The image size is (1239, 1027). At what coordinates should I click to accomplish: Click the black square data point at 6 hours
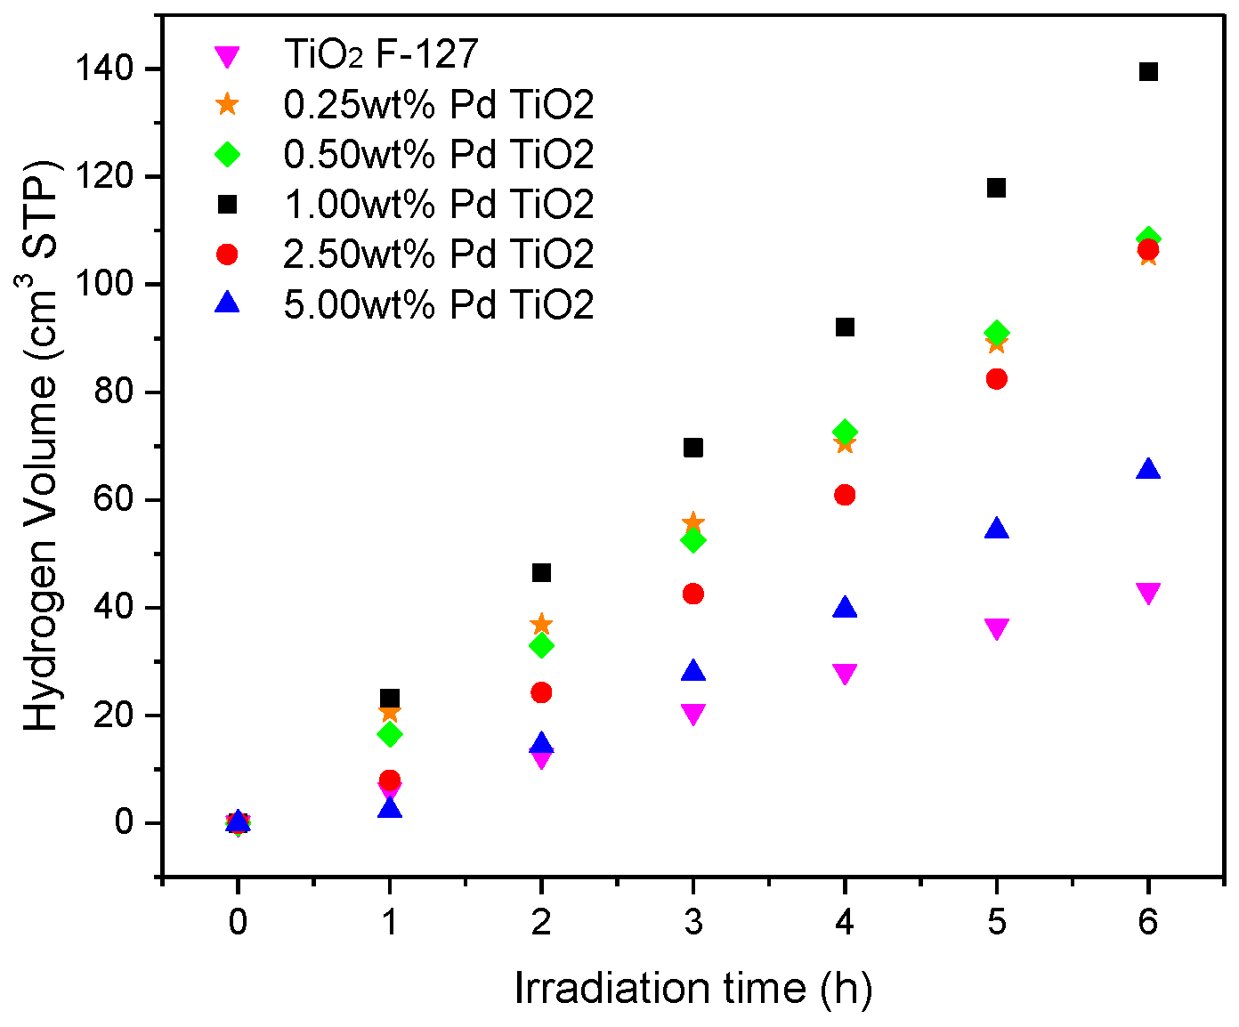(x=1148, y=71)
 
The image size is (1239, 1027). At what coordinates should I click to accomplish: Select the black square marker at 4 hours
(x=845, y=327)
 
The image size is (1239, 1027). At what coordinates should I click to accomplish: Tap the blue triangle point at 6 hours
(x=1148, y=470)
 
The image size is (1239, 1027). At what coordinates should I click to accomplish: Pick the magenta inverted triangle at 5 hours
(x=997, y=628)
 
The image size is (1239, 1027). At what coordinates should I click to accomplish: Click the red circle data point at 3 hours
(x=692, y=594)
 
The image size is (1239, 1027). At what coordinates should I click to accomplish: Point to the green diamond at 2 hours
(x=541, y=645)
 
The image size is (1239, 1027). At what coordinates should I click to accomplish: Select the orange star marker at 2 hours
(x=541, y=624)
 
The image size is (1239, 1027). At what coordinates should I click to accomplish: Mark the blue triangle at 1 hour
(x=389, y=808)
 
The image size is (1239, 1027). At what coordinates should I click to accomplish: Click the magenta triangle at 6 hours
(x=1148, y=593)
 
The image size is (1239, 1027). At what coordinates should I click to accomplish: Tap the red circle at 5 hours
(x=997, y=379)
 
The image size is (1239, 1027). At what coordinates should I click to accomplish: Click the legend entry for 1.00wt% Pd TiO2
(x=438, y=205)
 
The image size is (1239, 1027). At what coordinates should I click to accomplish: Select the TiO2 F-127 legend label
(x=381, y=54)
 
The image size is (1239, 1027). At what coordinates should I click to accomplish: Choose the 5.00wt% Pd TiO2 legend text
(x=438, y=304)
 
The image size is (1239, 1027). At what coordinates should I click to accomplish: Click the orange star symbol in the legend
(x=228, y=104)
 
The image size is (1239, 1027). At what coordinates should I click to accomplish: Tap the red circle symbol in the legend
(x=228, y=255)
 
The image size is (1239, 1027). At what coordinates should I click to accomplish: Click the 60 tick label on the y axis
(x=128, y=500)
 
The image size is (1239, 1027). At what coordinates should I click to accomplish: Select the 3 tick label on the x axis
(x=692, y=922)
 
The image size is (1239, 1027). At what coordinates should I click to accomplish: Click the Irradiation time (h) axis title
(x=692, y=989)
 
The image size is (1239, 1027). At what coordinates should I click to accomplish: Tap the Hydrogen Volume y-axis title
(x=41, y=445)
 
